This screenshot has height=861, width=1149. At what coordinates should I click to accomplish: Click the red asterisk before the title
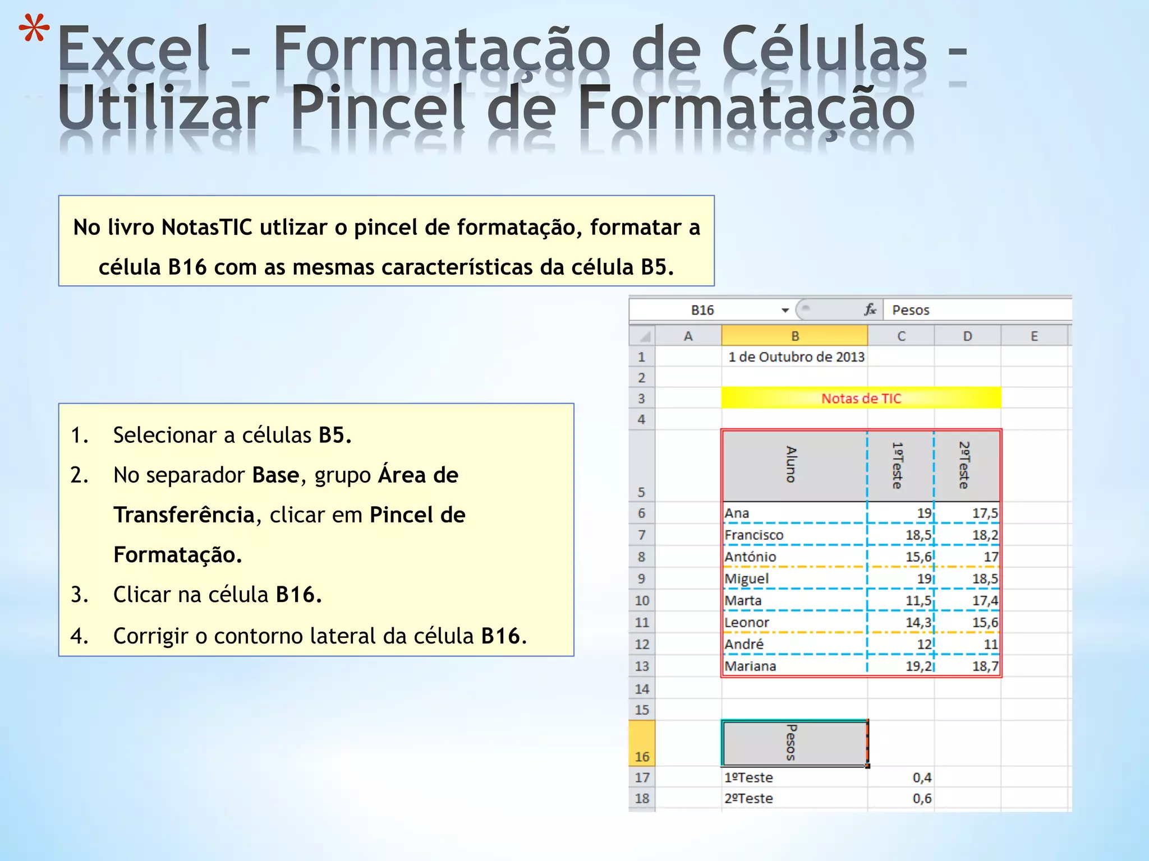pyautogui.click(x=34, y=29)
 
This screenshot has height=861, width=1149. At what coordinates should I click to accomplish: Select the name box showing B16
pyautogui.click(x=702, y=310)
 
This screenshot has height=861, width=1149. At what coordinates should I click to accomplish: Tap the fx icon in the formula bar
pyautogui.click(x=870, y=309)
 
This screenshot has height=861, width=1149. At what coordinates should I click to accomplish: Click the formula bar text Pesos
pyautogui.click(x=911, y=310)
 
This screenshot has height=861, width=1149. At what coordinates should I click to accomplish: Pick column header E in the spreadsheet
pyautogui.click(x=1034, y=336)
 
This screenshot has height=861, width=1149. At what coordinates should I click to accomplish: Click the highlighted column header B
pyautogui.click(x=794, y=336)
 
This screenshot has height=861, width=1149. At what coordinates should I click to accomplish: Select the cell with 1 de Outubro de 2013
pyautogui.click(x=796, y=357)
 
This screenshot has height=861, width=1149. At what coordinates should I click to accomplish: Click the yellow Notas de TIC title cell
pyautogui.click(x=861, y=399)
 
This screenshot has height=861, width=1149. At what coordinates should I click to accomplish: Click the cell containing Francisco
pyautogui.click(x=753, y=535)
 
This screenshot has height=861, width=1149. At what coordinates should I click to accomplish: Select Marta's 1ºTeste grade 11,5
pyautogui.click(x=918, y=601)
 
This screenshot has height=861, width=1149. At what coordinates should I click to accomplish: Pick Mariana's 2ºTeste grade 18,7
pyautogui.click(x=985, y=666)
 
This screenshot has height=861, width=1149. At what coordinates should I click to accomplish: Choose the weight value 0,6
pyautogui.click(x=921, y=799)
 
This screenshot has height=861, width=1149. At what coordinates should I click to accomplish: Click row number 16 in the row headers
pyautogui.click(x=642, y=756)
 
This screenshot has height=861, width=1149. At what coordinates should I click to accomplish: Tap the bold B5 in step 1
pyautogui.click(x=334, y=436)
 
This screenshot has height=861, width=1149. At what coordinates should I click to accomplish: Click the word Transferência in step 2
pyautogui.click(x=184, y=515)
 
